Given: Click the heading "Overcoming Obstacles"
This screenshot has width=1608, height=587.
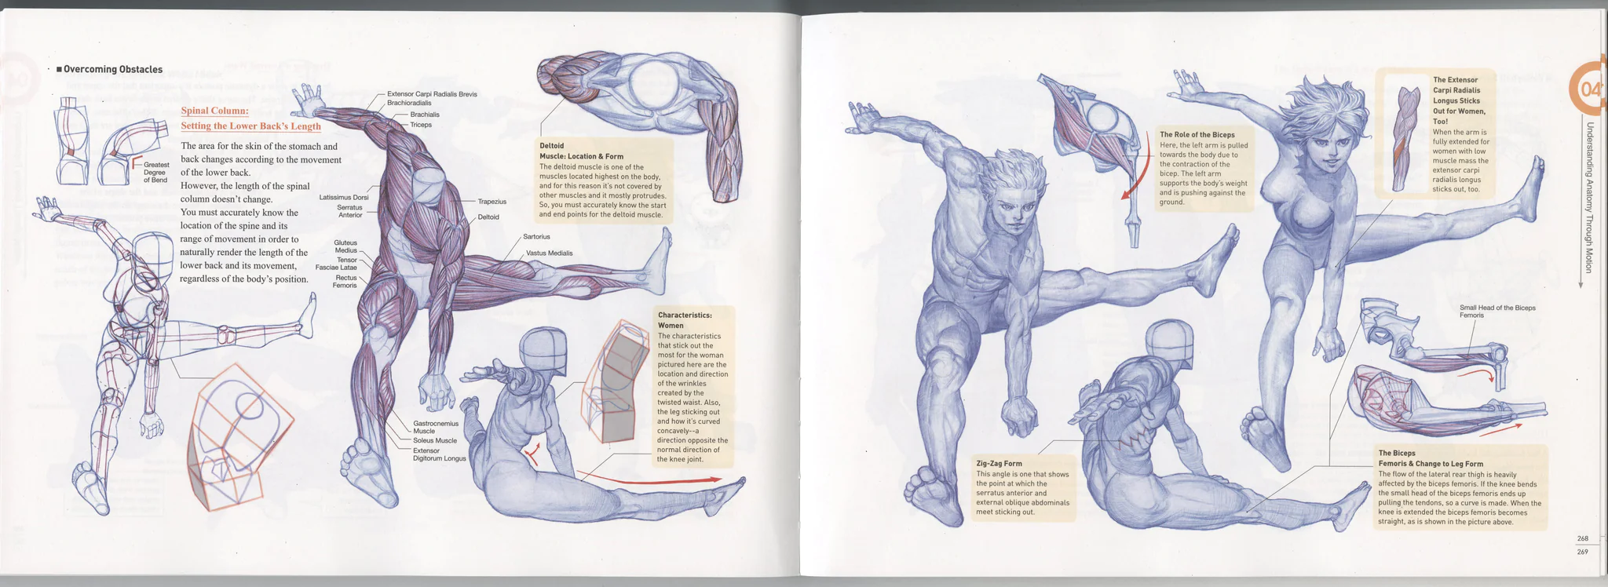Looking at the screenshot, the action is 113,69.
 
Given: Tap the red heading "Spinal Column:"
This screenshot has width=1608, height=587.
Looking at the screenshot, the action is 214,111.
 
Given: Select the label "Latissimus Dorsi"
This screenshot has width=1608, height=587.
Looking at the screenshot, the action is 344,197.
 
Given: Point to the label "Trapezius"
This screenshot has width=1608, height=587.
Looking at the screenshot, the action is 492,202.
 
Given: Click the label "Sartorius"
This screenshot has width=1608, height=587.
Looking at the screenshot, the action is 536,236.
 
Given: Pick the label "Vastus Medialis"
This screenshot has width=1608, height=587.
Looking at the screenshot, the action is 549,253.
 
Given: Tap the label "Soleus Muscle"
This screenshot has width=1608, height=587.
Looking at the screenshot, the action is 435,440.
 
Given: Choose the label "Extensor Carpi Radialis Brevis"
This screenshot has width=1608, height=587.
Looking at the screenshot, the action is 432,94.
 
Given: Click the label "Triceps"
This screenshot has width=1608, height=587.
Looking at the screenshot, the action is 421,125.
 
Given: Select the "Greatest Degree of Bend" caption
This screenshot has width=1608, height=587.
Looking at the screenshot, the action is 155,173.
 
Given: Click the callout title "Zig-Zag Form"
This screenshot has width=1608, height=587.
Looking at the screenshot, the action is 999,464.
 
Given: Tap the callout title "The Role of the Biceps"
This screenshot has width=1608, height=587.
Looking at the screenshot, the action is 1197,135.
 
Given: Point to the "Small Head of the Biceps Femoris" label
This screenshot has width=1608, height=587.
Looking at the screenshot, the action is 1497,311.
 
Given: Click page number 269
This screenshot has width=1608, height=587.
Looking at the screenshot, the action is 1582,552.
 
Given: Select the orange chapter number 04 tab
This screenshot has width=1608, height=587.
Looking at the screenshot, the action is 1586,89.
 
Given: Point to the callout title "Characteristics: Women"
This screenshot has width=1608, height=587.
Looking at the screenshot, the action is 685,320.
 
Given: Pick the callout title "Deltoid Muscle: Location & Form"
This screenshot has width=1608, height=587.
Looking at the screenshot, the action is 581,151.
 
